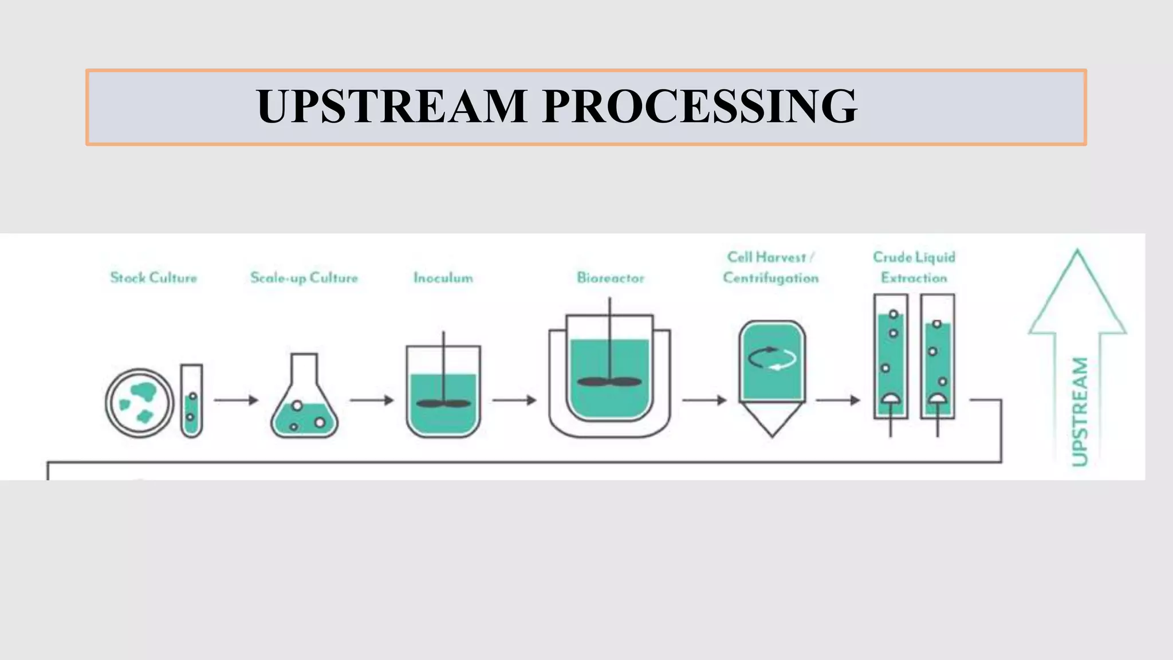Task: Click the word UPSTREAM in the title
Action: pyautogui.click(x=392, y=107)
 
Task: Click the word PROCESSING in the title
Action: pyautogui.click(x=699, y=107)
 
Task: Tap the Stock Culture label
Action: pyautogui.click(x=153, y=278)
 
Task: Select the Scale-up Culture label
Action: pyautogui.click(x=304, y=278)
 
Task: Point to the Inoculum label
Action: pyautogui.click(x=443, y=278)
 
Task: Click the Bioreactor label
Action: pyautogui.click(x=611, y=278)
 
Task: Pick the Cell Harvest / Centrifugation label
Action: pyautogui.click(x=770, y=268)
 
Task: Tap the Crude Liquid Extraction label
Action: pyautogui.click(x=914, y=268)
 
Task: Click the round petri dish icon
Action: pyautogui.click(x=139, y=403)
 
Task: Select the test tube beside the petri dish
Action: pyautogui.click(x=192, y=401)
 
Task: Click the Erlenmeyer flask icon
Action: pyautogui.click(x=304, y=401)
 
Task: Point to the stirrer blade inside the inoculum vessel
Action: pyautogui.click(x=443, y=403)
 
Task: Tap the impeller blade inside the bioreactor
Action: pyautogui.click(x=609, y=382)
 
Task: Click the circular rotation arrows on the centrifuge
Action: pyautogui.click(x=772, y=359)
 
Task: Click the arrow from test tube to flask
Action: pyautogui.click(x=236, y=400)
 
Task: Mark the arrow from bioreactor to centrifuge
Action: pyautogui.click(x=704, y=400)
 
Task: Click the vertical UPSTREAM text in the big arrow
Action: pyautogui.click(x=1079, y=411)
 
